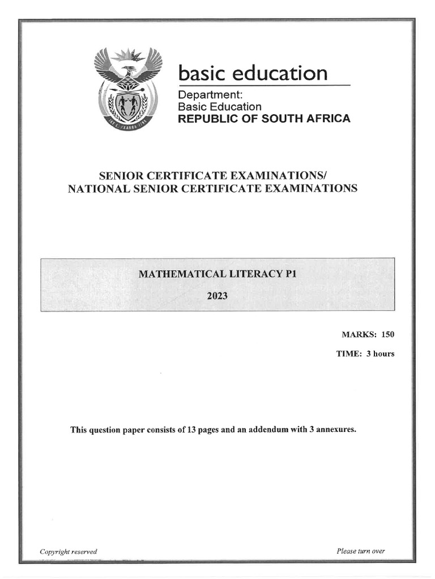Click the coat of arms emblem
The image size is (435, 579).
128,88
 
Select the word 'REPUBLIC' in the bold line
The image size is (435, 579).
205,119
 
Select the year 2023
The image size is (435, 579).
217,294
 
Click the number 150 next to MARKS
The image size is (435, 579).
387,335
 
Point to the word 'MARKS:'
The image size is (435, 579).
358,335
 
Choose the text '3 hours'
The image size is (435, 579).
380,354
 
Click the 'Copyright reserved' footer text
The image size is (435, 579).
68,551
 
